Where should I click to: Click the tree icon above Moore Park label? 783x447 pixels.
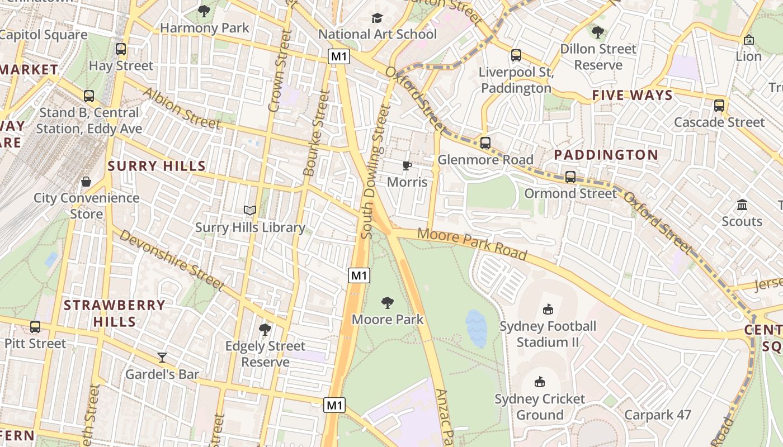click(x=387, y=303)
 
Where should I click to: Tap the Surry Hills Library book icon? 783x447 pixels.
click(x=250, y=211)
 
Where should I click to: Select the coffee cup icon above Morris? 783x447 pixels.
click(x=407, y=165)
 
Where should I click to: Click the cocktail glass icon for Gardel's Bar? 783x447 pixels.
click(x=162, y=358)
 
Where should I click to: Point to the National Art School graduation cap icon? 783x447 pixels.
click(x=377, y=18)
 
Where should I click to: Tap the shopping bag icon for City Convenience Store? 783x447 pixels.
click(x=86, y=182)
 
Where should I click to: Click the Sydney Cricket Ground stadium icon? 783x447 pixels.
click(x=540, y=382)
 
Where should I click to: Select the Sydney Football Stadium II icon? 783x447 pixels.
click(x=548, y=309)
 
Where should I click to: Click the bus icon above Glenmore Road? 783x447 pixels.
click(x=485, y=143)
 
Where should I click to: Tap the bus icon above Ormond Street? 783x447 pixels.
click(x=570, y=177)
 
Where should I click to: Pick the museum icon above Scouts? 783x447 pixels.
click(x=742, y=205)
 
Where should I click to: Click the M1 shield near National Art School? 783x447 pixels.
click(x=339, y=56)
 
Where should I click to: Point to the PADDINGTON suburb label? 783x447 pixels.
click(x=606, y=155)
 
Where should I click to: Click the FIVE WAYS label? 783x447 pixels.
click(x=633, y=95)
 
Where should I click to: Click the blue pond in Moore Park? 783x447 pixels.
click(x=476, y=329)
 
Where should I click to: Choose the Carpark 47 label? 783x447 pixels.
click(x=658, y=415)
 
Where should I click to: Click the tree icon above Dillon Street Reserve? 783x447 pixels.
click(x=598, y=32)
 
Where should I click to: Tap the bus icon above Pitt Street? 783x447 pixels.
click(x=35, y=327)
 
